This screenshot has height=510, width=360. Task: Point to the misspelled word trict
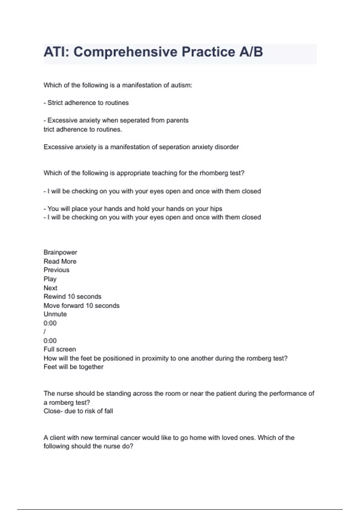[49, 129]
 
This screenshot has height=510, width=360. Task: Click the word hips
[216, 209]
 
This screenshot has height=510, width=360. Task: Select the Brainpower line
[60, 252]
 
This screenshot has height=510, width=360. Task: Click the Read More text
[60, 261]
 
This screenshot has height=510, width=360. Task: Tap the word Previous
[56, 270]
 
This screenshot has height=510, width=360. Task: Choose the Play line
[50, 279]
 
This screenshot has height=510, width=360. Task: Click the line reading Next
[50, 288]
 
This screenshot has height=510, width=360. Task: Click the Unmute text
[55, 314]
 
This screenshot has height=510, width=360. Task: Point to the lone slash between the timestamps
[45, 332]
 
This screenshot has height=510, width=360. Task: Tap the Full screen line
[60, 349]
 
